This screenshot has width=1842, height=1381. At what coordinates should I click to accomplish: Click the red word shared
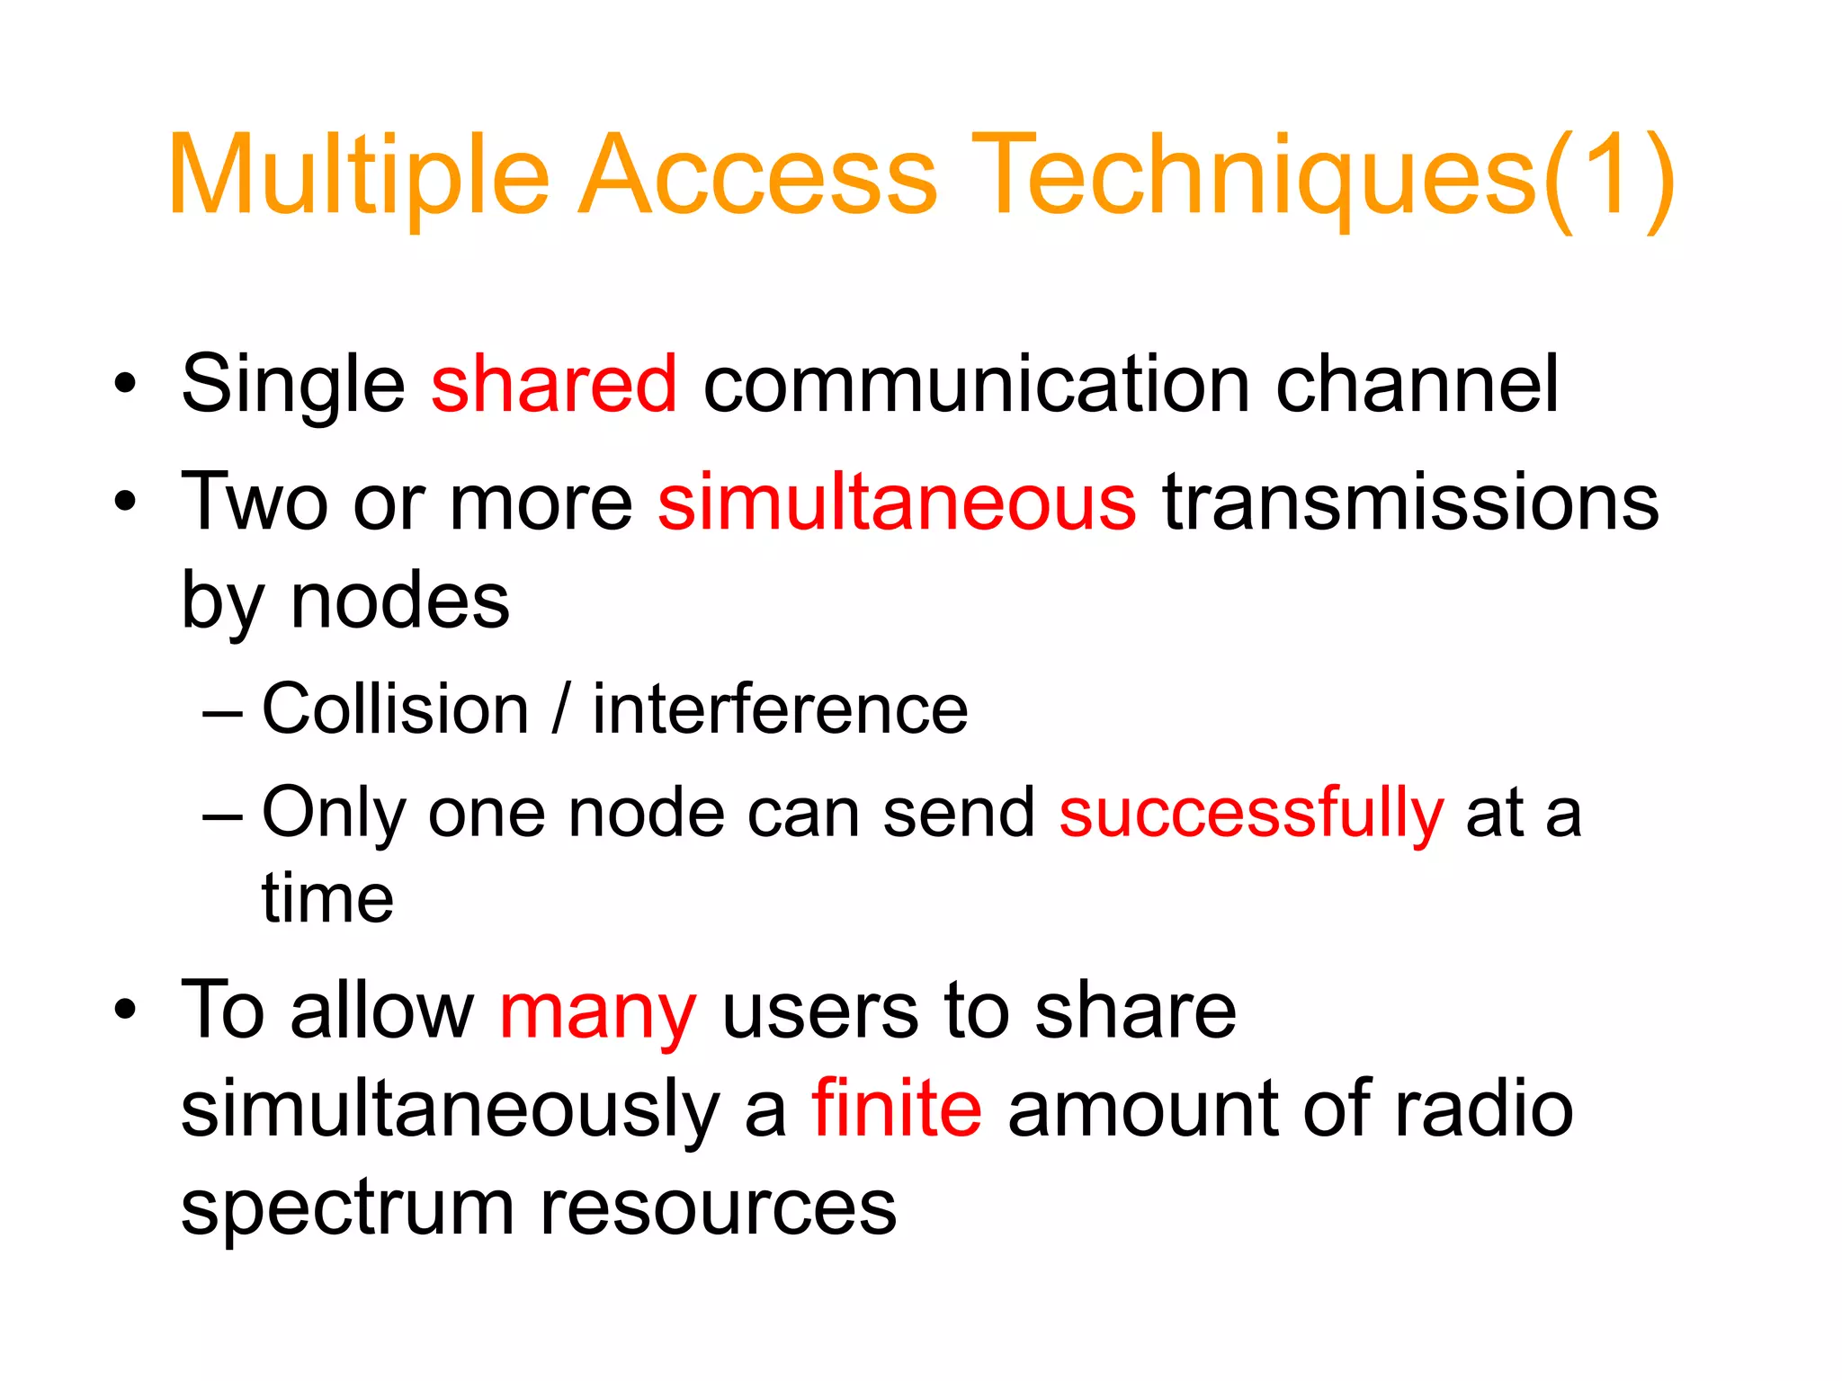coord(553,384)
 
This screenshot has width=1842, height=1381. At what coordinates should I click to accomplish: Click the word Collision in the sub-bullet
coord(395,709)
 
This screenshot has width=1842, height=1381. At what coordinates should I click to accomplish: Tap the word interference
coord(780,709)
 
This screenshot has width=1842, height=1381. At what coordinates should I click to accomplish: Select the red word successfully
coord(1251,813)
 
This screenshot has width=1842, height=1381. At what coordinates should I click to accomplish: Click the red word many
coord(597,1012)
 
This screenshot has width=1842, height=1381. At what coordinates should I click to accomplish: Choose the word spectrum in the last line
coord(347,1209)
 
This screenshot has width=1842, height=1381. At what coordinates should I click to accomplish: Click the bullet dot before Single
coord(125,385)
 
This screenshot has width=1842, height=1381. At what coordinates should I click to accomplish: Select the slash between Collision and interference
coord(560,709)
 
